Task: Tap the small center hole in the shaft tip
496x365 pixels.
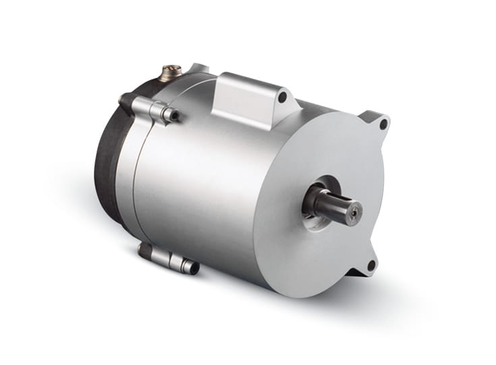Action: click(x=352, y=212)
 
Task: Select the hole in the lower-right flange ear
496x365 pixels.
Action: click(x=370, y=265)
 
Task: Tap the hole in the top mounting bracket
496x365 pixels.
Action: click(x=281, y=98)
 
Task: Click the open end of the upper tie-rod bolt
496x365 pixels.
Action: click(x=175, y=115)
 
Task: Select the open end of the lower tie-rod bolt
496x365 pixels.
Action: click(x=194, y=268)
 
